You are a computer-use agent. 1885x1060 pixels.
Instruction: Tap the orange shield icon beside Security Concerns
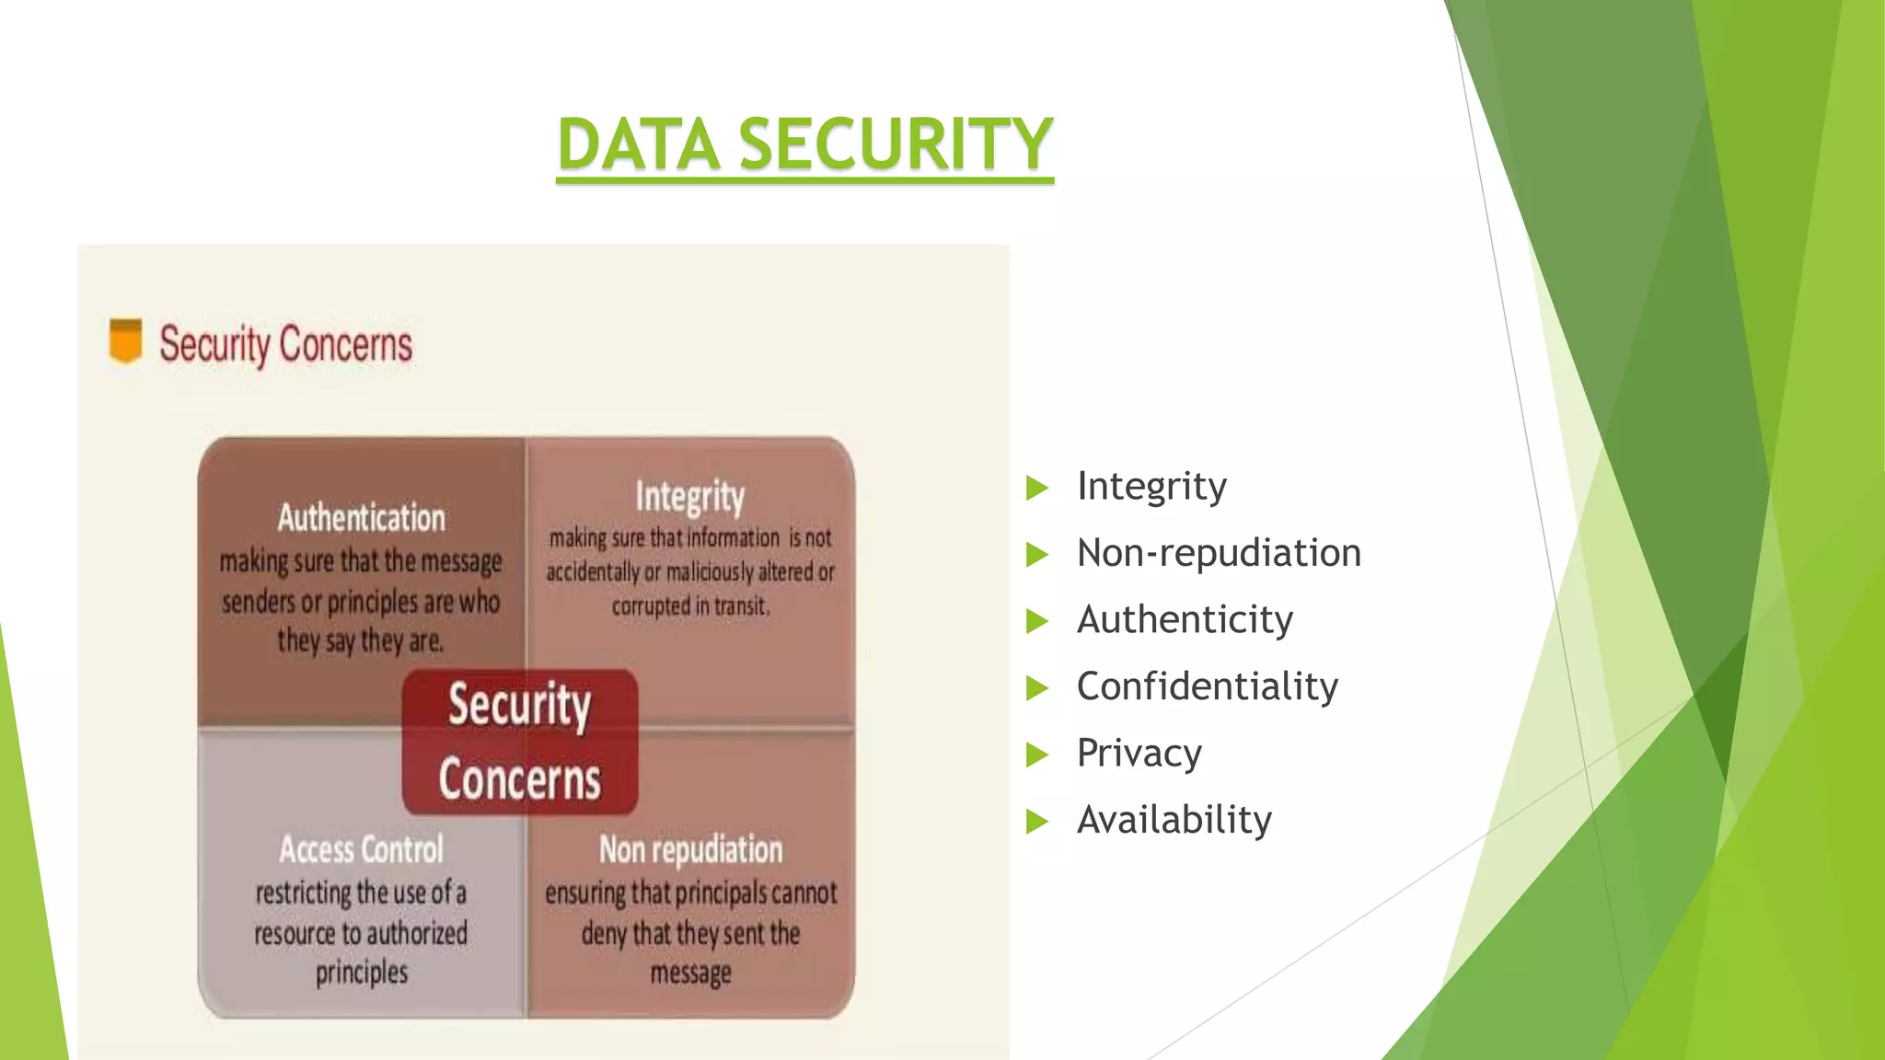126,340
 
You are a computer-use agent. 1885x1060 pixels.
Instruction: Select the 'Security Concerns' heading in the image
285,344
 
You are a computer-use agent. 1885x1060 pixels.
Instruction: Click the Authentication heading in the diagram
361,518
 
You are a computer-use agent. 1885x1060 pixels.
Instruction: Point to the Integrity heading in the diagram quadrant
689,497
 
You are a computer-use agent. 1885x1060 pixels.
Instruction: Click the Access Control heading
361,849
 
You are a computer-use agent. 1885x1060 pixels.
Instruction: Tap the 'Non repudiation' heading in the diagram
690,849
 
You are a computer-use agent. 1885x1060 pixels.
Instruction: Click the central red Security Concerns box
520,742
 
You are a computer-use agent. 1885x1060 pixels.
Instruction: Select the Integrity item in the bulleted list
1151,486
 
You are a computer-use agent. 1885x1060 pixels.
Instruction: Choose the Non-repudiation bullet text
1219,553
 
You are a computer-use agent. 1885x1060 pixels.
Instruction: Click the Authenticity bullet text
1185,619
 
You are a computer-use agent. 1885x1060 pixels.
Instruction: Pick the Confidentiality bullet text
1207,686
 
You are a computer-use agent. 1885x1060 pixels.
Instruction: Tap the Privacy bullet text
1139,753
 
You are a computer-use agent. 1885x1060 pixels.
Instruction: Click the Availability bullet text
1174,820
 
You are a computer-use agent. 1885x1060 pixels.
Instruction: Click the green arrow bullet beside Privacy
1037,755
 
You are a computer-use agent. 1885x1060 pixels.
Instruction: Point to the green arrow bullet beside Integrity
1037,487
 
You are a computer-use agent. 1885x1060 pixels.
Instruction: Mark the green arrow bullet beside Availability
1037,821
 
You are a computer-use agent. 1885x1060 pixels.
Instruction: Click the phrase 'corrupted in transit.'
690,606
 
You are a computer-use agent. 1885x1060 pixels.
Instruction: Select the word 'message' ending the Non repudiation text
690,973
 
